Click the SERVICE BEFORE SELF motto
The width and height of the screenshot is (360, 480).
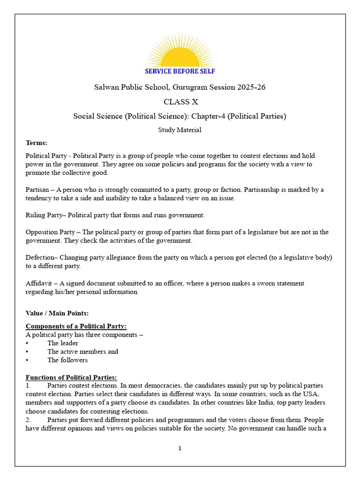[180, 71]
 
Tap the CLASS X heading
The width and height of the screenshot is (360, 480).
[180, 102]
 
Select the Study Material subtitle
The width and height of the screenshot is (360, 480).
[180, 130]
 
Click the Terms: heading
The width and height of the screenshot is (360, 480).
[36, 142]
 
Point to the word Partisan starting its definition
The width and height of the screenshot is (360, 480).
[38, 189]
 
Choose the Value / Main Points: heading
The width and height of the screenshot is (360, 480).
[57, 313]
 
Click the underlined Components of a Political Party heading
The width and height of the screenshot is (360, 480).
[76, 326]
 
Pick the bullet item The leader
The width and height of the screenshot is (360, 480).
[63, 343]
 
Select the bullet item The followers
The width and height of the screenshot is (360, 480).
[67, 360]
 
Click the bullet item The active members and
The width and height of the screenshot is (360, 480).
[82, 352]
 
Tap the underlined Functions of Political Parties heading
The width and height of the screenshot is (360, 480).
[71, 377]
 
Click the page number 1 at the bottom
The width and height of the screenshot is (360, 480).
[180, 448]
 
